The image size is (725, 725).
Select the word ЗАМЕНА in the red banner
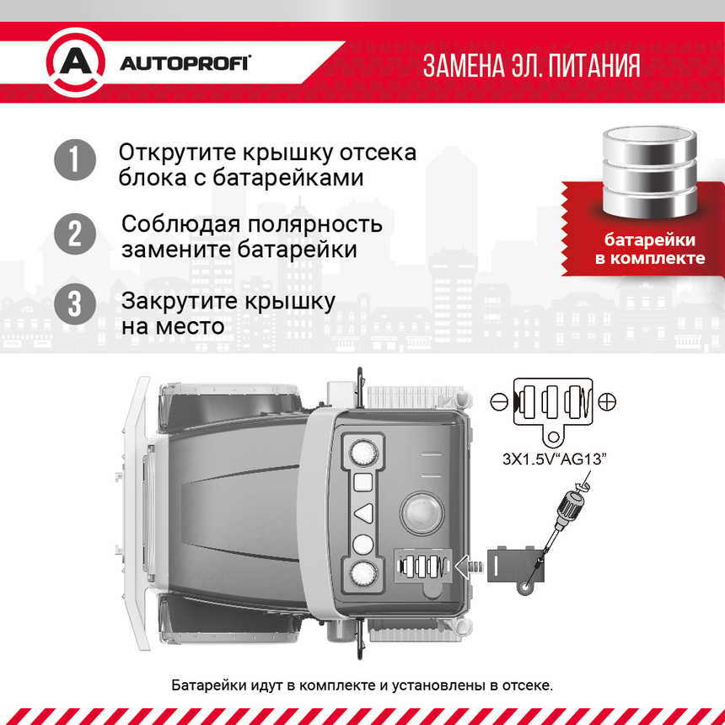tap(461, 66)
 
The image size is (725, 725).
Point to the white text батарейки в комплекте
tap(649, 249)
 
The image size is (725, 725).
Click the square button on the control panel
tap(362, 482)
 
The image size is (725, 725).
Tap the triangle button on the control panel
tap(362, 513)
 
